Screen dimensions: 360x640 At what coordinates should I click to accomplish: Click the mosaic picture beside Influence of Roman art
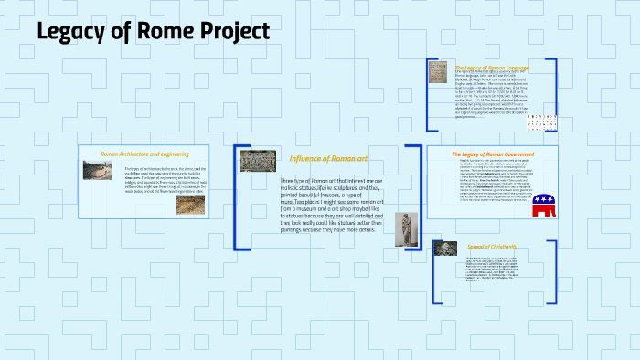pos(258,161)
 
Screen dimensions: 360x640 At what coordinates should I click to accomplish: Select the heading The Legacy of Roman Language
pos(493,67)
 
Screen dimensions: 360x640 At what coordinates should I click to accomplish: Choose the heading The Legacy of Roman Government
pos(493,154)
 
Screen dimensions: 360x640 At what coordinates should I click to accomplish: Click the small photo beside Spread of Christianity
pos(445,248)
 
